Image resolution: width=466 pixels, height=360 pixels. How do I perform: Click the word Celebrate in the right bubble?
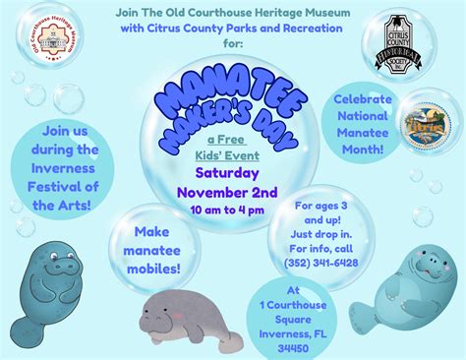coord(365,99)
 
